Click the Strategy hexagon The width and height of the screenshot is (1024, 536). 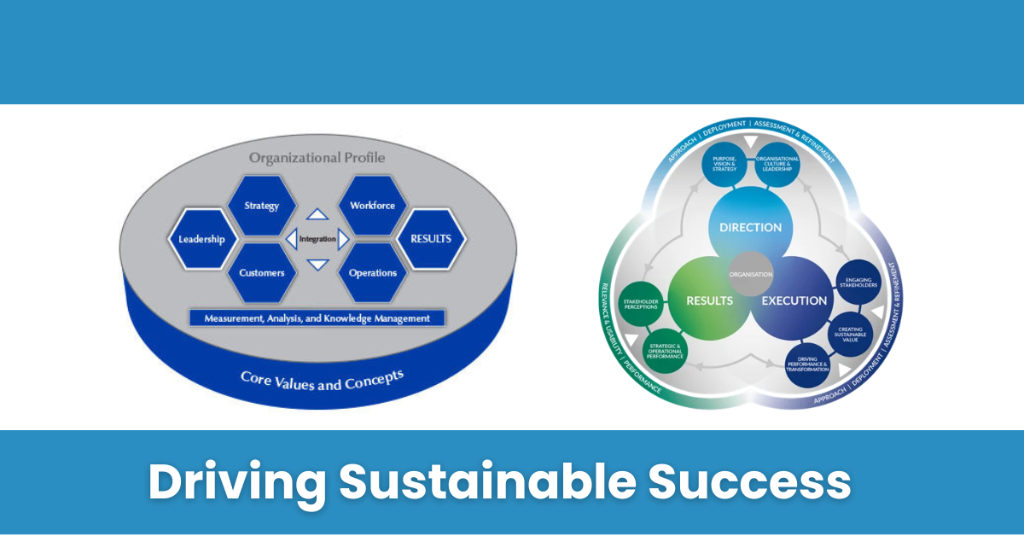262,206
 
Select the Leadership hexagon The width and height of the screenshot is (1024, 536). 201,239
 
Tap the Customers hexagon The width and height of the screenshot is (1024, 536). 262,273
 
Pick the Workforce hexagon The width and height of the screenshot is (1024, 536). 372,206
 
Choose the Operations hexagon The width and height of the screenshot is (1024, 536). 372,273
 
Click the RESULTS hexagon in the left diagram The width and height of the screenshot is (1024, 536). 431,239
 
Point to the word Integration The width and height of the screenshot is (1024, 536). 317,239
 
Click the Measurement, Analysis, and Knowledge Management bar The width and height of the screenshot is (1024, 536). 317,318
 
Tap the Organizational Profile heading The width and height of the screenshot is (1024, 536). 317,158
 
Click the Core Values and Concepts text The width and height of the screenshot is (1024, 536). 322,379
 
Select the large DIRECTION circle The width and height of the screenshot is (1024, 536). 751,227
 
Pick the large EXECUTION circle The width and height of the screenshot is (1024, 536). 794,300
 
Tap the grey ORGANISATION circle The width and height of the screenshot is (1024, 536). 751,275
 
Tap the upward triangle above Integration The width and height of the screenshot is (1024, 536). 317,214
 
